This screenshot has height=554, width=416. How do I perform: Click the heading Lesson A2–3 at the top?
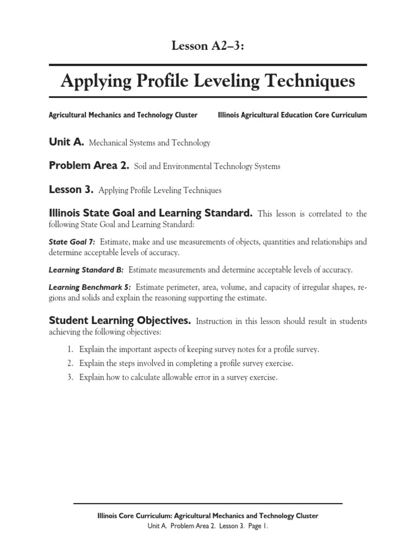[208, 46]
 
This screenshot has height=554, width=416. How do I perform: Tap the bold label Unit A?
[66, 142]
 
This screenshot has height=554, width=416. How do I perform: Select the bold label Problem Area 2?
[89, 166]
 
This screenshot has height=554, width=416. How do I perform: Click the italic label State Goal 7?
[72, 242]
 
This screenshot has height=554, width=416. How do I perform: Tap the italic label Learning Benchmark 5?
[90, 287]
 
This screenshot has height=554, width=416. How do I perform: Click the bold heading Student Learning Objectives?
[120, 321]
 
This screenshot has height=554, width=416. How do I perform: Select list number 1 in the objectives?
[70, 349]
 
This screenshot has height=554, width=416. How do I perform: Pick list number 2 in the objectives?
[70, 364]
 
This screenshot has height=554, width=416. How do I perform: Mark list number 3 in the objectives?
[70, 378]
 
